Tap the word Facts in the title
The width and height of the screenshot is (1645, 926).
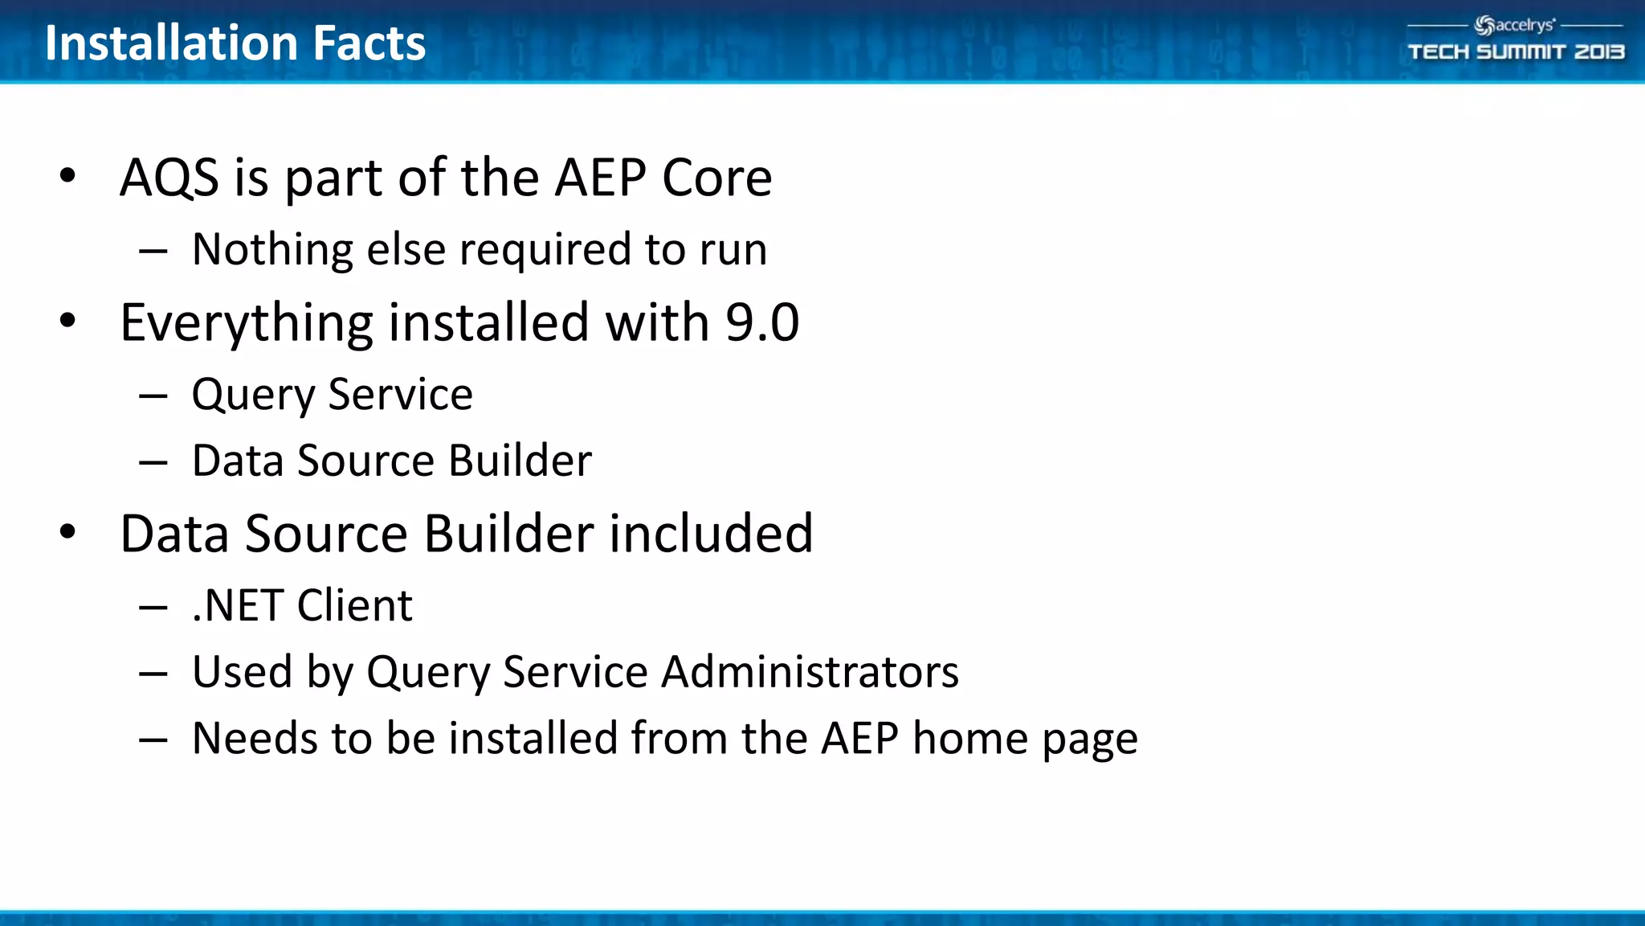click(369, 43)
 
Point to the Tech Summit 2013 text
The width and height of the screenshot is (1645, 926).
click(1516, 52)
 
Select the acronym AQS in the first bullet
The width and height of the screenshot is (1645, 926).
click(169, 178)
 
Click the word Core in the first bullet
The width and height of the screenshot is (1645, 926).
click(716, 178)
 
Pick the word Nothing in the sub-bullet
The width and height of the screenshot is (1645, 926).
click(272, 250)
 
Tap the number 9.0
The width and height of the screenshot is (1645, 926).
click(762, 323)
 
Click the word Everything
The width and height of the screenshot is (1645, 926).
click(247, 323)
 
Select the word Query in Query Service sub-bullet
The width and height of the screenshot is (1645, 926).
click(254, 395)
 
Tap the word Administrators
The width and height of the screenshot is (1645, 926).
click(810, 672)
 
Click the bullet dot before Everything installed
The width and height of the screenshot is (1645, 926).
click(67, 321)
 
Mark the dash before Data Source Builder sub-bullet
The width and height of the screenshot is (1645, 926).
click(153, 462)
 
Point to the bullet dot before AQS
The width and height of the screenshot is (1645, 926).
click(67, 175)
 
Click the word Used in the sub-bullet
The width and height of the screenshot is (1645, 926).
click(242, 672)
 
